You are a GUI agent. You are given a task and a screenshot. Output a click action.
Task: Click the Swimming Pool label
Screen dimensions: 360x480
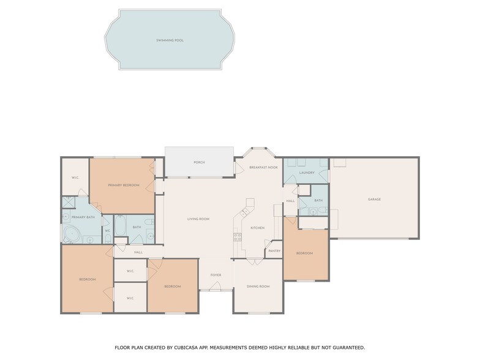tap(170, 40)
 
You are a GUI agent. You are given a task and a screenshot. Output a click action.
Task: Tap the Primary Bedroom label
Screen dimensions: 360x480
tap(124, 185)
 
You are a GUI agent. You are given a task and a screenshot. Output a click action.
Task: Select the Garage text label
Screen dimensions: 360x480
tap(374, 200)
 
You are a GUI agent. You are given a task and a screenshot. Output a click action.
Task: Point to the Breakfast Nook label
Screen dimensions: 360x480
tap(264, 167)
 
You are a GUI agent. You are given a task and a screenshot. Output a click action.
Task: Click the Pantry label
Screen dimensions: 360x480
tap(274, 250)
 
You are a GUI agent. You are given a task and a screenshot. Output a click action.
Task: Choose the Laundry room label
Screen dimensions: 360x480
tap(307, 173)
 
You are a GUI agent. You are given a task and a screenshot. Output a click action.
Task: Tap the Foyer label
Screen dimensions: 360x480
tap(216, 275)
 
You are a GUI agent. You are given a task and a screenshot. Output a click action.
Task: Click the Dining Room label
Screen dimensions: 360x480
tap(258, 286)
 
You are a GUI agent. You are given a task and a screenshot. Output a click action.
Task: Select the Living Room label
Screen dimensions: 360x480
tap(198, 219)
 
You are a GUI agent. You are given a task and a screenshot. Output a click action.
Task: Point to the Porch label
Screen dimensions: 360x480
tap(199, 162)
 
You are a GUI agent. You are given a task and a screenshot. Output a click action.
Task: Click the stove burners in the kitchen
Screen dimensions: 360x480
tap(236, 236)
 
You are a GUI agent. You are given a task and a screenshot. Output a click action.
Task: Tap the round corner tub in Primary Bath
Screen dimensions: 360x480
tap(72, 234)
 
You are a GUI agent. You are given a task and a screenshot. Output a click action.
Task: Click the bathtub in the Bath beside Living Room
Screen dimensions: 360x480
tap(120, 228)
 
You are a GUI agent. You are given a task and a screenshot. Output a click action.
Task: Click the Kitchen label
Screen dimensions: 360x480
tap(257, 228)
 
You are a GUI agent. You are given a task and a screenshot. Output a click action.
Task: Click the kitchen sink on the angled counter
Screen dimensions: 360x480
tap(244, 212)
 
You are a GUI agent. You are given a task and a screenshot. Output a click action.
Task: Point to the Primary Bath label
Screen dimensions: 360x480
tap(83, 217)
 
